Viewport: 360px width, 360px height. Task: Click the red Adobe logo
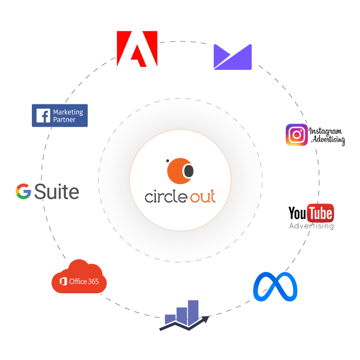coord(137,49)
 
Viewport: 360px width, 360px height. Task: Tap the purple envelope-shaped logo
coord(233,57)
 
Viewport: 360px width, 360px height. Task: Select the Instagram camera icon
coord(297,135)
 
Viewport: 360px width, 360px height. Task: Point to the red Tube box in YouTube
coord(320,213)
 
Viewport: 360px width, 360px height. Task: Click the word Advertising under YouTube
coord(311,226)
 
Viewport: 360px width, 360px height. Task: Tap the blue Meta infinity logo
coord(275,286)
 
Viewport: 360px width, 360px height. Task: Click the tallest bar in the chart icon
coord(193,312)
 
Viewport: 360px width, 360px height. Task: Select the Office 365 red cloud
coord(79,277)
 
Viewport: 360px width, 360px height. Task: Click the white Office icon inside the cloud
coord(63,281)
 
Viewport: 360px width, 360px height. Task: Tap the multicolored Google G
coord(23,191)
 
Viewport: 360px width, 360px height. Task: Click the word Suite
coord(57,191)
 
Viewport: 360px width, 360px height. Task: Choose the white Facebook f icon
coord(43,115)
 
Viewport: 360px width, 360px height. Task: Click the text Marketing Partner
coord(68,116)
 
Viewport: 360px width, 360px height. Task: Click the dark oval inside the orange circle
coord(189,171)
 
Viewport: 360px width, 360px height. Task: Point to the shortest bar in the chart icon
coord(171,319)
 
